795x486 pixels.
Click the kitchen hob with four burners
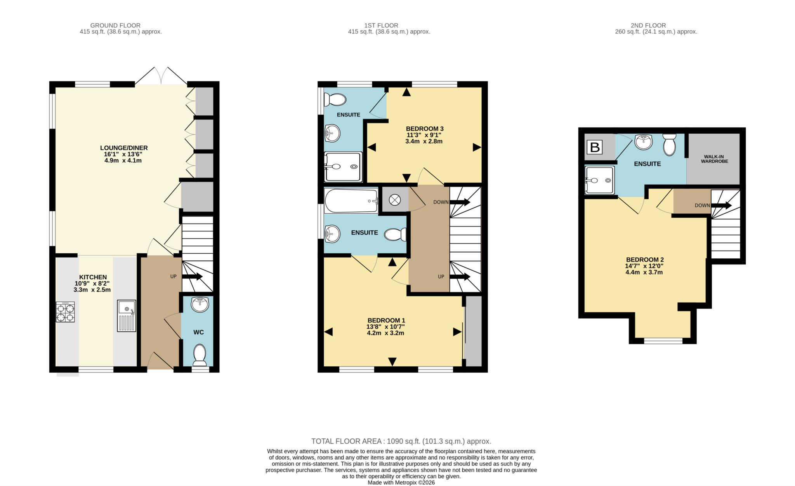[65, 312]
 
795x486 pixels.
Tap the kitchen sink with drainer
[127, 315]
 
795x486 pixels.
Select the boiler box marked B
[595, 148]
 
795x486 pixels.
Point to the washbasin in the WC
[200, 304]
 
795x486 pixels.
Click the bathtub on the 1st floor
[351, 200]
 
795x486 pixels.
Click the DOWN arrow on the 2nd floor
[721, 205]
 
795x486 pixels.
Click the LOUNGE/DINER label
[124, 148]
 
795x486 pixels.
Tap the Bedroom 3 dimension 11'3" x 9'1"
[424, 135]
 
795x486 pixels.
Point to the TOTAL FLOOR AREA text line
[401, 441]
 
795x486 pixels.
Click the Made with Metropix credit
[401, 483]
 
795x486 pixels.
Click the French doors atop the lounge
[161, 76]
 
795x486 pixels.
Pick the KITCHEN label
[93, 277]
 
